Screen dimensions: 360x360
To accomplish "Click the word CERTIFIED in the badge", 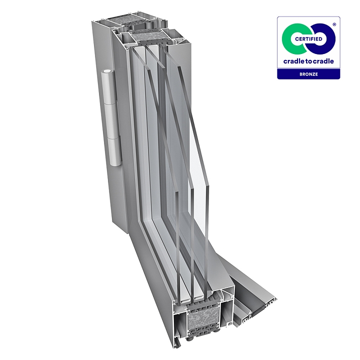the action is pos(308,39).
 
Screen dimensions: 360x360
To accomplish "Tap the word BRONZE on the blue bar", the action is pos(308,74).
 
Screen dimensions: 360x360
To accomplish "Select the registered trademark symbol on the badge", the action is pos(334,24).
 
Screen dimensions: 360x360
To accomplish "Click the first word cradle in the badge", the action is pos(292,61).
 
